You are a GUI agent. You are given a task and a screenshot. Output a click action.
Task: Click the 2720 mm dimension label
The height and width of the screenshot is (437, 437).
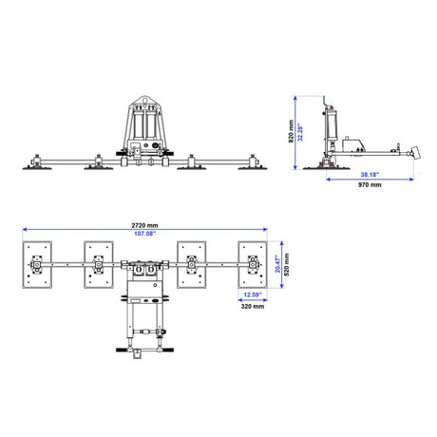(144, 225)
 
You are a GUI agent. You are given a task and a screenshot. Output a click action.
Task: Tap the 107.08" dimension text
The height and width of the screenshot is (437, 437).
(144, 234)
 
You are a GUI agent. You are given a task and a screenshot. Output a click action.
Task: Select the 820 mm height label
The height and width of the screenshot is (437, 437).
(292, 131)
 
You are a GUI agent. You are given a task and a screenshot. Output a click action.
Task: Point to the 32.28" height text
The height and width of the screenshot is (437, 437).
(300, 132)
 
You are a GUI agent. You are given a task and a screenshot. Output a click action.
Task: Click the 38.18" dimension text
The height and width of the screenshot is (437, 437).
(370, 175)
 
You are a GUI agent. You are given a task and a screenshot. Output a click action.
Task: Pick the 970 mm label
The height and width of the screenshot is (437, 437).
(370, 184)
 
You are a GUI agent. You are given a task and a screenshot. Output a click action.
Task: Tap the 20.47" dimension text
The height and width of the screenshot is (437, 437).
(277, 264)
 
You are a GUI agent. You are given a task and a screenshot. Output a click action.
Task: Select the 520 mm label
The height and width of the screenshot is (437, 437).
(287, 264)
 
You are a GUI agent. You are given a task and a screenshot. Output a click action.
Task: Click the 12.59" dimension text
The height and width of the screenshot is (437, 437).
(253, 294)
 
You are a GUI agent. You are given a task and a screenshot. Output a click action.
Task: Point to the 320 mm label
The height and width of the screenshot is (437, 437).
(253, 306)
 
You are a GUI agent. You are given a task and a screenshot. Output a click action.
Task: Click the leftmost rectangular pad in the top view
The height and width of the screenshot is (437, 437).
(37, 265)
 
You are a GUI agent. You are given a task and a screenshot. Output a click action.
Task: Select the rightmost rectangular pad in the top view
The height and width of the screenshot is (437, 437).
(253, 265)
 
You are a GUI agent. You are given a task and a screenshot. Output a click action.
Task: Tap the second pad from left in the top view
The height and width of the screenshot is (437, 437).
(99, 265)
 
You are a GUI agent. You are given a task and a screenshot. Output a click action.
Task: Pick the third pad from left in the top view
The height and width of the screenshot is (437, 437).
(192, 265)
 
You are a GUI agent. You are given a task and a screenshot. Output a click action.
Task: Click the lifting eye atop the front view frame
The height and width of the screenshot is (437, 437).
(144, 101)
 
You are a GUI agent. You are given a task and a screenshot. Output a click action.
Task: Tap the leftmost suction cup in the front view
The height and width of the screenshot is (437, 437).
(37, 167)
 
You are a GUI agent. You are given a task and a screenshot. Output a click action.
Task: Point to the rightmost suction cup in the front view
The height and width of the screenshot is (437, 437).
(253, 167)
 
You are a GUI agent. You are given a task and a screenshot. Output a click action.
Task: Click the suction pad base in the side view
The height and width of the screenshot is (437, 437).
(326, 168)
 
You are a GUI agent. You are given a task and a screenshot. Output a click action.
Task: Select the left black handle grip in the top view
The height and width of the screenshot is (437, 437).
(122, 350)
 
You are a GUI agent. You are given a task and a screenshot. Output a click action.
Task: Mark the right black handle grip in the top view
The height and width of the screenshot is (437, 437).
(168, 350)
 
